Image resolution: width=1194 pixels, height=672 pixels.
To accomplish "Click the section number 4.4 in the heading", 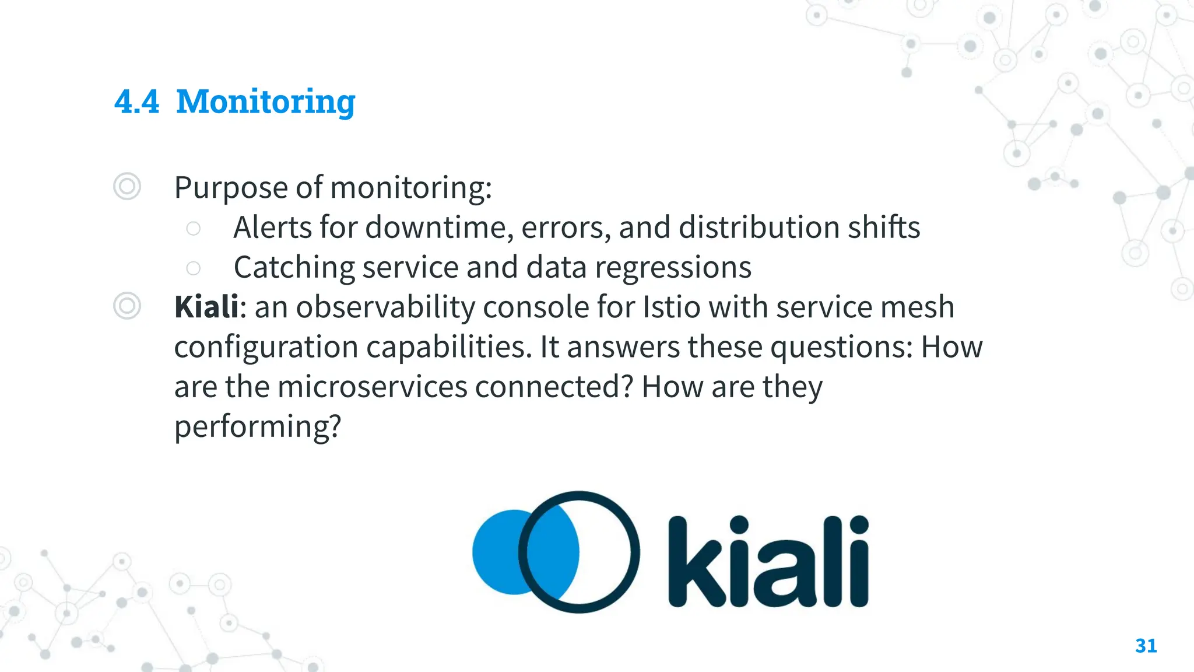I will (x=136, y=101).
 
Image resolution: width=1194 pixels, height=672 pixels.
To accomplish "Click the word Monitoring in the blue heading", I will (x=265, y=101).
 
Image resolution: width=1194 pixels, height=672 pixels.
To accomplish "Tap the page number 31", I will (x=1146, y=646).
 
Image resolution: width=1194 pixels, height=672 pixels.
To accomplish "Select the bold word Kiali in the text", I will (x=206, y=307).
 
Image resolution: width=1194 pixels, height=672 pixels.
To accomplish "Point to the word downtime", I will (x=439, y=228).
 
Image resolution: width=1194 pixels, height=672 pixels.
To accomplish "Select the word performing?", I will (x=257, y=427).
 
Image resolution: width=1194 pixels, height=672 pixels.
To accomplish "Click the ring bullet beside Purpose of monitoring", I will (x=127, y=187).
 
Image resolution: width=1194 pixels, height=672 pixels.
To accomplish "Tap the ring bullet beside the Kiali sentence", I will (x=127, y=306).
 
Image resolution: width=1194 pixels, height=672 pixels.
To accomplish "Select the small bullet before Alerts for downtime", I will (x=193, y=228).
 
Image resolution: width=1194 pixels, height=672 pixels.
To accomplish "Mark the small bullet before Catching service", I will (x=193, y=268).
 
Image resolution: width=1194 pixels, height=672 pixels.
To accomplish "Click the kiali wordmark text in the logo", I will (x=768, y=562).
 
